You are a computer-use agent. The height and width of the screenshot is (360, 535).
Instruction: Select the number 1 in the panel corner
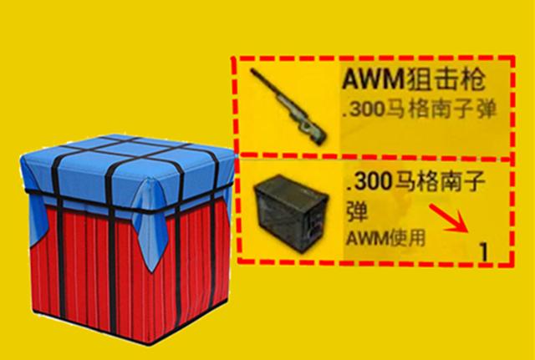click(482, 249)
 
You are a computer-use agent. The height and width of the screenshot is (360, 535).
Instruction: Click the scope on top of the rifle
click(288, 99)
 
